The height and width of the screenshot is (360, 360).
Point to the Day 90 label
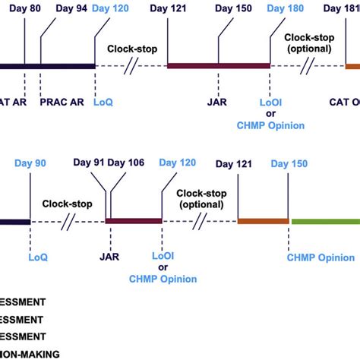(x=30, y=163)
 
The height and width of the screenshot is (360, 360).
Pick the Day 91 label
(x=89, y=163)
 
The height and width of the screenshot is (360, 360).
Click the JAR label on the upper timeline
(x=216, y=99)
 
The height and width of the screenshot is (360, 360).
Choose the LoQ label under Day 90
(x=38, y=257)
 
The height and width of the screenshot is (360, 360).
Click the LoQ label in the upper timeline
(x=102, y=99)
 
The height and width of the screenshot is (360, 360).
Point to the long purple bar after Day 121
(x=219, y=66)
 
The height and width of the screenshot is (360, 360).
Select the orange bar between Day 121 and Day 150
(x=263, y=221)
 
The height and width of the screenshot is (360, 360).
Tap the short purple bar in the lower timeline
(x=134, y=221)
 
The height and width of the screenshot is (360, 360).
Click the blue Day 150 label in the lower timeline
(x=289, y=163)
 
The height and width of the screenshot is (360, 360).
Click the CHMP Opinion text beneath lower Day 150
(x=320, y=257)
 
